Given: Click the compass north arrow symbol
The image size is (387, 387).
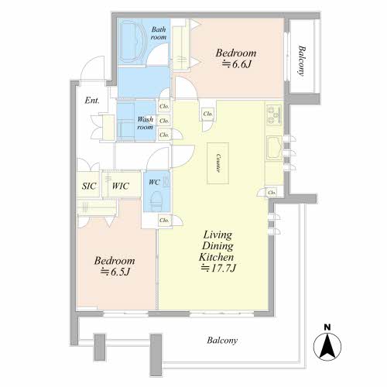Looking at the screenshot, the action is [327, 347].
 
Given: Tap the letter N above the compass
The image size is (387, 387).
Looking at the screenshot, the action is [327, 327].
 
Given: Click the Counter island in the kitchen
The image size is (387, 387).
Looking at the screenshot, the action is [217, 163].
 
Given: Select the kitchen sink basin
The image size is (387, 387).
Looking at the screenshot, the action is [274, 148].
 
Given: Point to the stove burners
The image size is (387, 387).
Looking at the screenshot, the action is [274, 115].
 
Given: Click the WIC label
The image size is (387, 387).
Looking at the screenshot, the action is [121, 186].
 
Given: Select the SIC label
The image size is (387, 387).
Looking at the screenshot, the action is [89, 186].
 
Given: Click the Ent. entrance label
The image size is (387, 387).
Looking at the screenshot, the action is [92, 101].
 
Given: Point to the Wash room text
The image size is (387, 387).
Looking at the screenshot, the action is [146, 123].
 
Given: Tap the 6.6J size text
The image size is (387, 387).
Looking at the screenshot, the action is [237, 64].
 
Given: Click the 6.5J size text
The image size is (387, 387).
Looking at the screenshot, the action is [115, 272].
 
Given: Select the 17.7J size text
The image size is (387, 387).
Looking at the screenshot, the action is [218, 269].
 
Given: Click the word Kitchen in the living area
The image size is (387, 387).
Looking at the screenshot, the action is [217, 257].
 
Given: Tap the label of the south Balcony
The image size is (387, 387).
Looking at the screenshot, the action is [222, 341].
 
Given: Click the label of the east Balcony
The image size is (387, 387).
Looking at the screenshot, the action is [302, 60].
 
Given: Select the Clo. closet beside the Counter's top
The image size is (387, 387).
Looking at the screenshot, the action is [207, 114].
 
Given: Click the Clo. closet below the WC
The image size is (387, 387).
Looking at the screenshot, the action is [164, 221].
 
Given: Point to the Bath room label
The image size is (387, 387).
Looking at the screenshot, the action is [159, 33].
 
